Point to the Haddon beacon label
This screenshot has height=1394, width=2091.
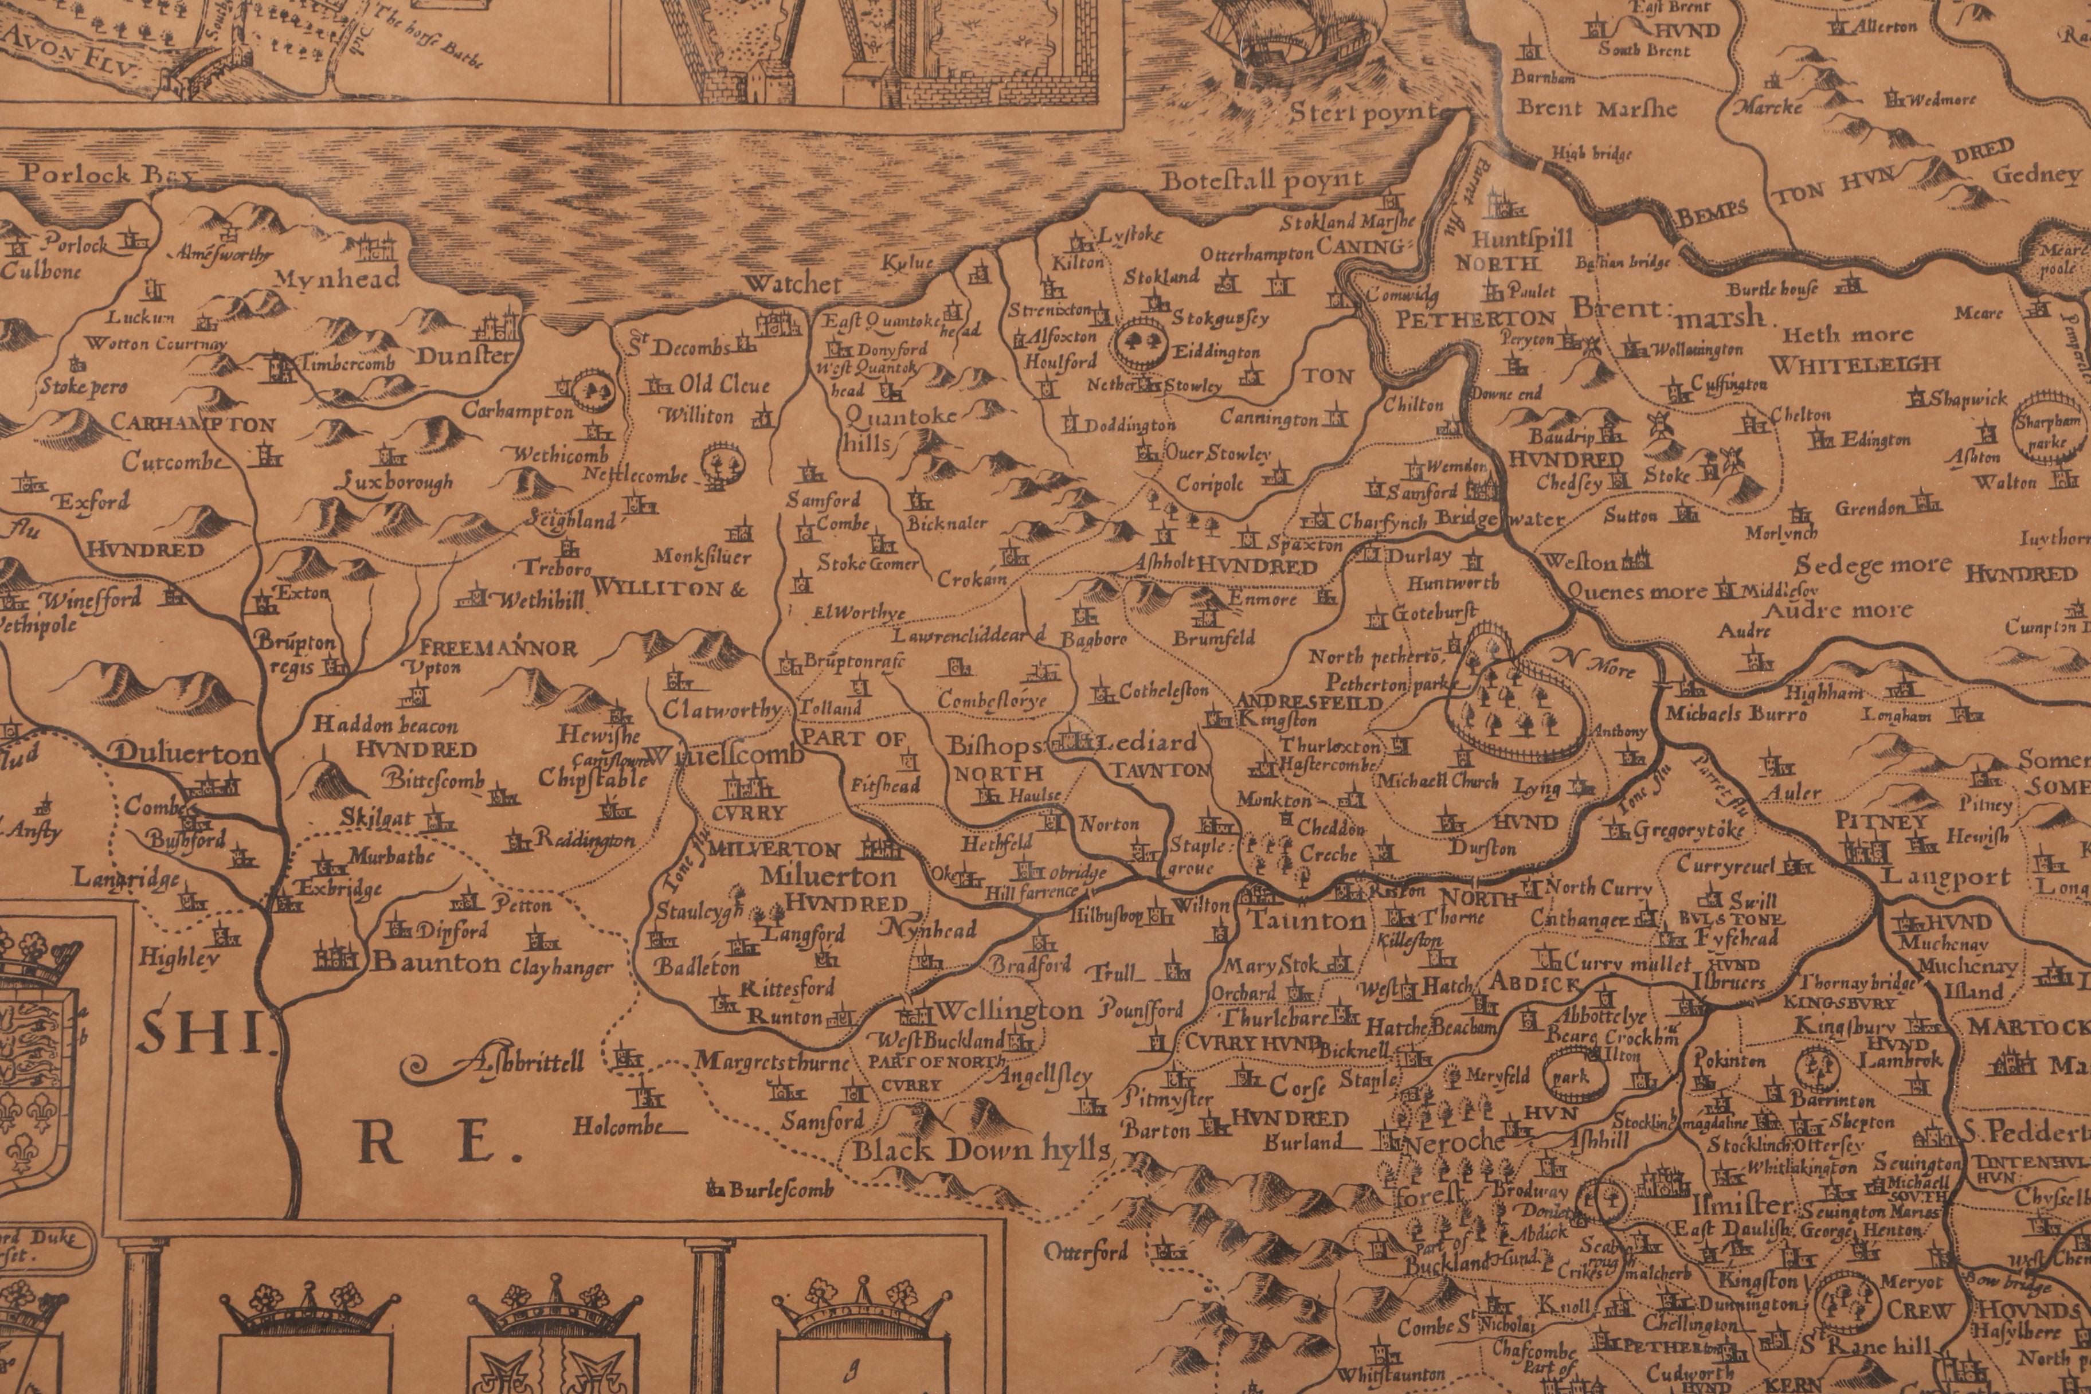click(x=385, y=726)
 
